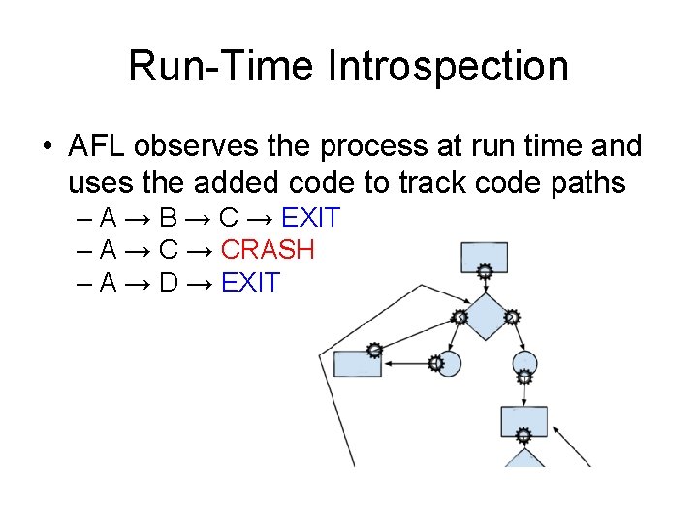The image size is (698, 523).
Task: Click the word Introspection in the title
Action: (x=448, y=68)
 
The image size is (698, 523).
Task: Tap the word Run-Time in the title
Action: (x=222, y=68)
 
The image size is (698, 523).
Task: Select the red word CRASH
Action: (x=268, y=250)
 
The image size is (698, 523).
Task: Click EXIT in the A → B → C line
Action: (x=310, y=218)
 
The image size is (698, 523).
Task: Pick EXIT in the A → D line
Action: (x=250, y=283)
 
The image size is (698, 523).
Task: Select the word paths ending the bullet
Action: (x=586, y=182)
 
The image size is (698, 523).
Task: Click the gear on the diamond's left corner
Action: (x=460, y=316)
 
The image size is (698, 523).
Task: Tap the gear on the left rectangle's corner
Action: (x=373, y=351)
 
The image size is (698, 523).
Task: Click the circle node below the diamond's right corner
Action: (x=523, y=365)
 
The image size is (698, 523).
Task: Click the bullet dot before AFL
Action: (x=47, y=147)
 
